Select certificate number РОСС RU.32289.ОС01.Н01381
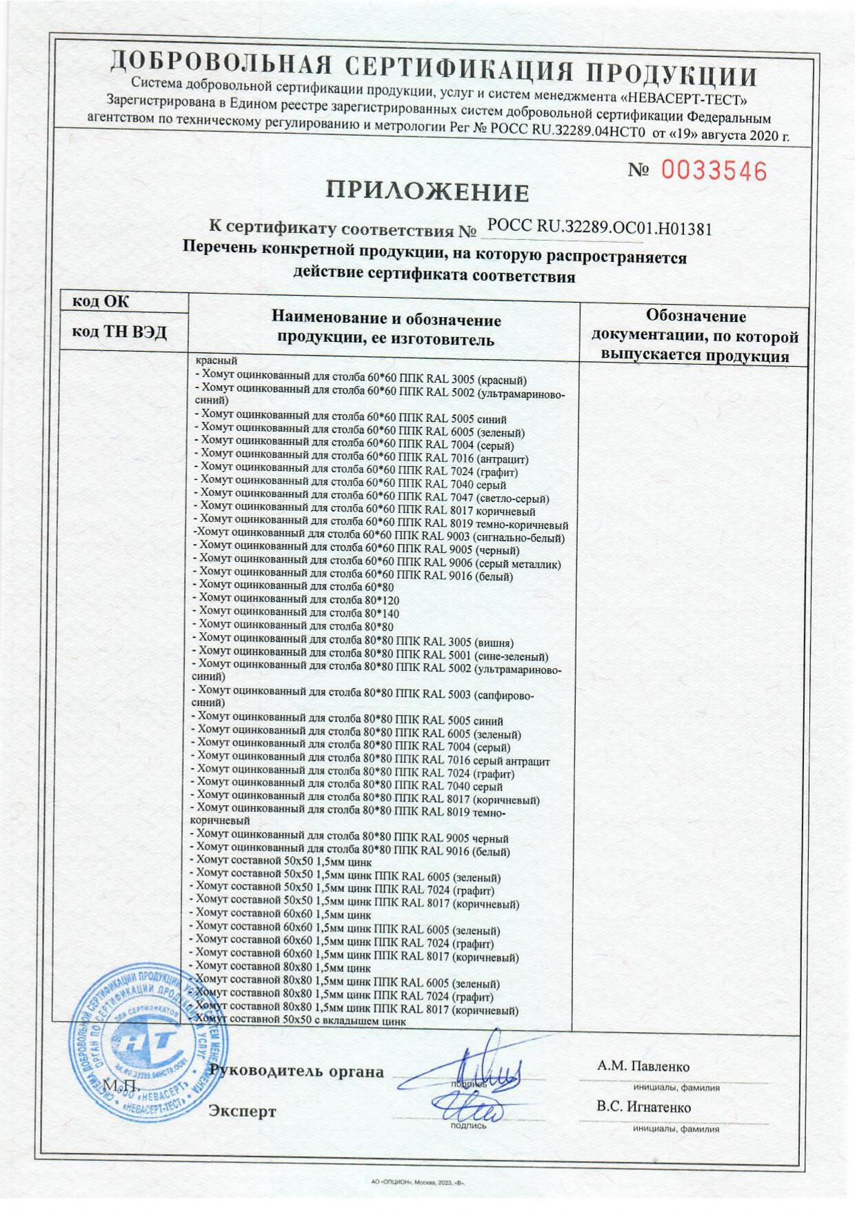(x=598, y=227)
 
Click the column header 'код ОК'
(x=101, y=301)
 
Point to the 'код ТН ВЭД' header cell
(x=120, y=332)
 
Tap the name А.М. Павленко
(x=643, y=1067)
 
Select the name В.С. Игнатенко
(x=643, y=1107)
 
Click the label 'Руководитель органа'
(x=297, y=1071)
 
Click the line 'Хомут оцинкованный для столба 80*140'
(x=298, y=613)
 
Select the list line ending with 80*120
(x=298, y=600)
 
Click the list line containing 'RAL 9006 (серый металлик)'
(x=379, y=563)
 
